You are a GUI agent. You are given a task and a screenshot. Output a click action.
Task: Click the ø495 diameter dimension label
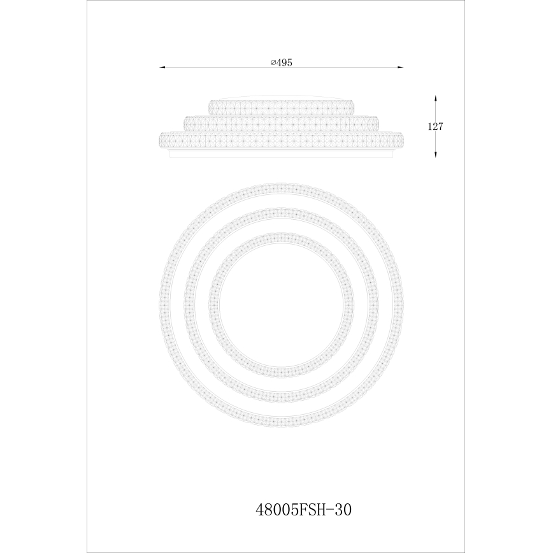point(280,62)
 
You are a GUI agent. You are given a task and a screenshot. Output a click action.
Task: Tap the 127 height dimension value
point(435,126)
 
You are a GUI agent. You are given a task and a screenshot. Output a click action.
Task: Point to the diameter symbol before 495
point(272,62)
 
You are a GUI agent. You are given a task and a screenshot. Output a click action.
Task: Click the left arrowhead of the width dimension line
point(161,67)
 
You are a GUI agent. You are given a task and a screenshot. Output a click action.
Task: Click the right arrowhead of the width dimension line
point(401,67)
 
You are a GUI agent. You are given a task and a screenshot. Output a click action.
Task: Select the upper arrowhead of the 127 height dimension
point(435,99)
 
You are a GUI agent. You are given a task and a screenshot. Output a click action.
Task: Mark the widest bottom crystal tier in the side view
point(281,140)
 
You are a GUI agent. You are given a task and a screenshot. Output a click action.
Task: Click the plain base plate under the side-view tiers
point(281,154)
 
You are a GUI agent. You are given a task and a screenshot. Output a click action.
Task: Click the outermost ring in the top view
point(281,189)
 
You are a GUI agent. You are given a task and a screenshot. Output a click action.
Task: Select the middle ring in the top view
point(281,214)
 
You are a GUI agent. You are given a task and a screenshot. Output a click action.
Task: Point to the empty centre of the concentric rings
point(281,305)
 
